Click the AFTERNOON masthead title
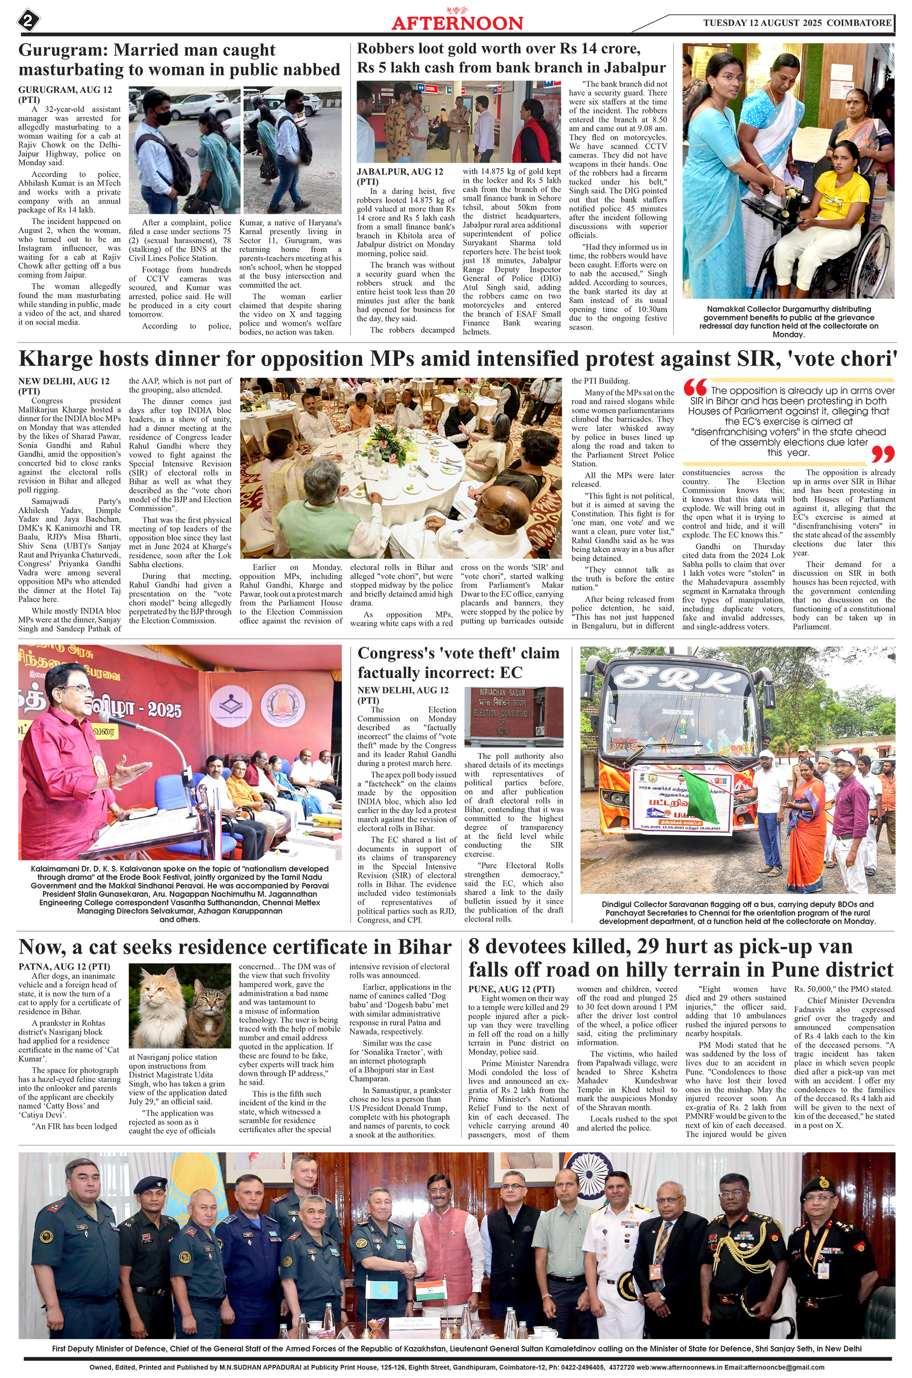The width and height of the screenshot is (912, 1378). tap(457, 23)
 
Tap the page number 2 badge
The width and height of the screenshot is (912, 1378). tap(28, 21)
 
